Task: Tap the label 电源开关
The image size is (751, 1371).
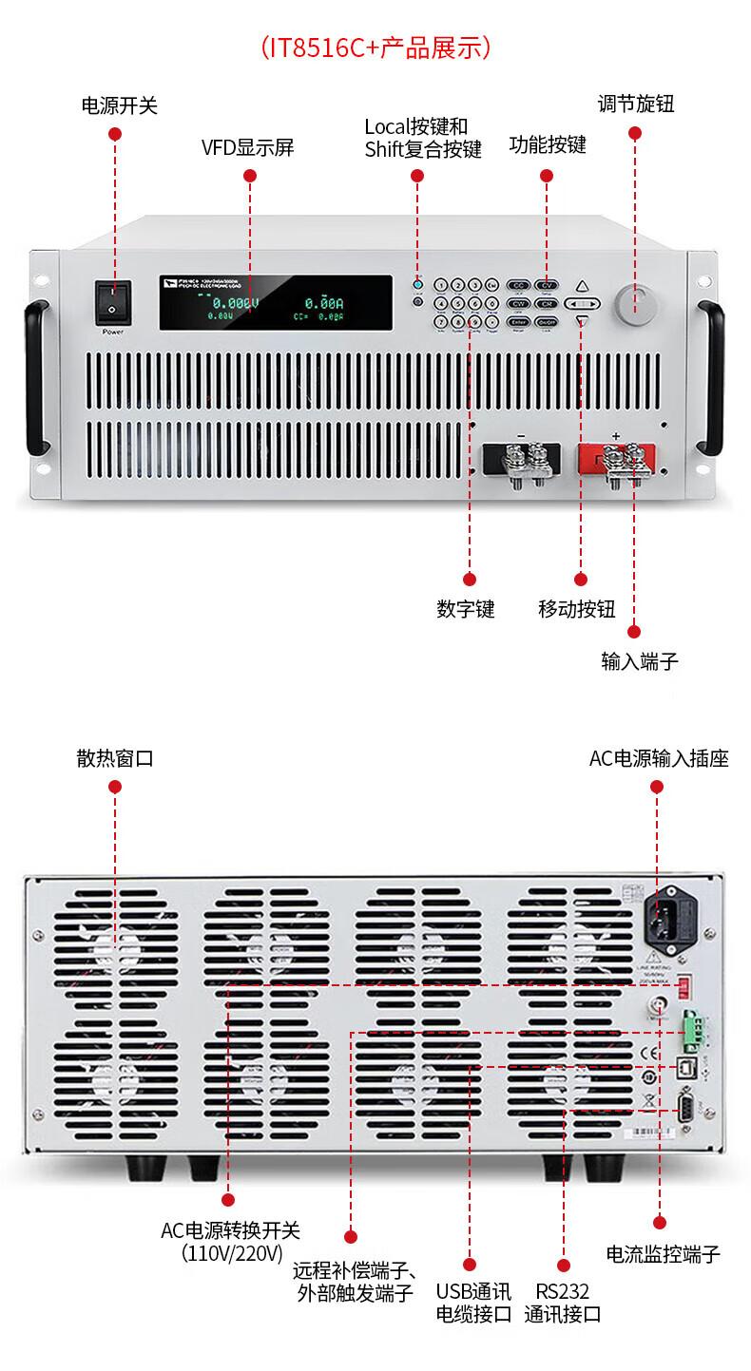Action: tap(119, 105)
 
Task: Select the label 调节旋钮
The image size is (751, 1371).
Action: tap(636, 104)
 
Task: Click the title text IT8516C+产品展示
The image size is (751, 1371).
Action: tap(375, 48)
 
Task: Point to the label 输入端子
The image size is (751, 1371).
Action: tap(640, 661)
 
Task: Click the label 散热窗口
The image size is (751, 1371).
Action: tap(115, 758)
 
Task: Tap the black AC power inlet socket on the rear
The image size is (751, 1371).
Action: tap(664, 915)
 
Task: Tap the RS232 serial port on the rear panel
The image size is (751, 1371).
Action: tap(683, 1108)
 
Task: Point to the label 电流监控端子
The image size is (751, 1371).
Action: tap(663, 1254)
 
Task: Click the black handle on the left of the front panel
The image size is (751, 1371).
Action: tap(38, 377)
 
